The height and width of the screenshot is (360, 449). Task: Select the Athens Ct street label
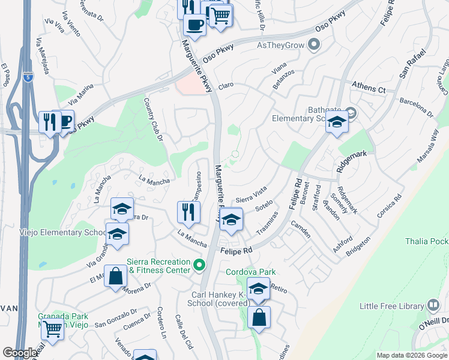[x=369, y=88]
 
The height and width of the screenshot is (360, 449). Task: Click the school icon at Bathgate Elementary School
[x=337, y=122]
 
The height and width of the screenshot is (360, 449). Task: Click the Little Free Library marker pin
[x=433, y=305]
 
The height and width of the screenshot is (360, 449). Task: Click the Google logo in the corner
[x=20, y=352]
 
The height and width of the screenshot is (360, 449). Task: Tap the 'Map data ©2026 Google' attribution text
[x=412, y=355]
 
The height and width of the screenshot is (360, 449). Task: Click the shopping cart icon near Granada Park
[x=53, y=329]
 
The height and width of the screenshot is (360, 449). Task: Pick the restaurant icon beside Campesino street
[x=188, y=212]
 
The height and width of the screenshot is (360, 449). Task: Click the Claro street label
[x=226, y=85]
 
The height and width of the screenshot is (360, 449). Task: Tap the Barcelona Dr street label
[x=416, y=109]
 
